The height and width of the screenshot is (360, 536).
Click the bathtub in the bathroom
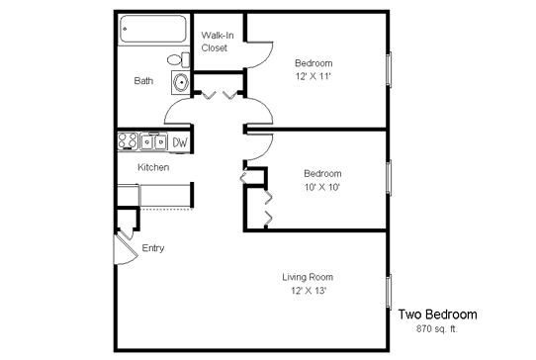153,29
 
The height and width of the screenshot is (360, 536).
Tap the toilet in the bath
178,59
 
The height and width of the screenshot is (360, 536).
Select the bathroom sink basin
181,82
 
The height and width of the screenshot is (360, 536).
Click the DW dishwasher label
180,142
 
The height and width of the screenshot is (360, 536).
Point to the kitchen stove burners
128,141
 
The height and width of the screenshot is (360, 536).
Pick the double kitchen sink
153,141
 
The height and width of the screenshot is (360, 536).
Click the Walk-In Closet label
218,42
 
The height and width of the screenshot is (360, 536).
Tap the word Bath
143,81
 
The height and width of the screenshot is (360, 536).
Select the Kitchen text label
153,167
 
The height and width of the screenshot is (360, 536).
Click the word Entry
153,248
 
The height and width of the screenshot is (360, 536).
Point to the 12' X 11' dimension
313,76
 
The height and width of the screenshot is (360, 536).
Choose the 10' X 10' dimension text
322,187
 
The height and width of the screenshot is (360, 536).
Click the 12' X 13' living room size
309,291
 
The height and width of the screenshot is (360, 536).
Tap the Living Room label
308,277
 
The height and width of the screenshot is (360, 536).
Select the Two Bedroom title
437,315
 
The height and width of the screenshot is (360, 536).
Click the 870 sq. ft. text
437,329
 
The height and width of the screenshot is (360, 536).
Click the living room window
389,292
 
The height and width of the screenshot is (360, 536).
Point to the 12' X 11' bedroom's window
389,70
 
